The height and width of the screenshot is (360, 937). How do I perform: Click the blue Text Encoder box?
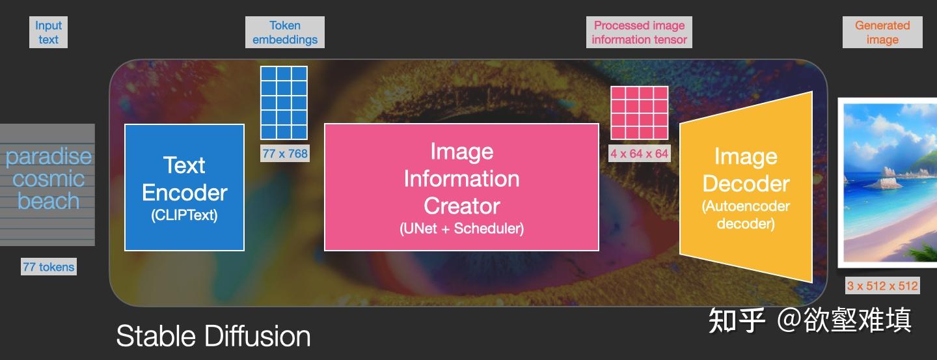185,187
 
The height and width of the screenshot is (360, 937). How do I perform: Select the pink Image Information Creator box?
461,187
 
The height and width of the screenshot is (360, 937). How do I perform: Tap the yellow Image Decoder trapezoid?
746,187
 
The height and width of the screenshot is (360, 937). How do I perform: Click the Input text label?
48,33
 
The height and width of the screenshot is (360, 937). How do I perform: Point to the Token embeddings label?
285,33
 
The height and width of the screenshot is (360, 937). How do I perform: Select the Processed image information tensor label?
639,33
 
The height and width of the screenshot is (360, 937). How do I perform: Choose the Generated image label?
882,33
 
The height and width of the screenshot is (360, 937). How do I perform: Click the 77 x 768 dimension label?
285,154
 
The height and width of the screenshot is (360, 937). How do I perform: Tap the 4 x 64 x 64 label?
639,154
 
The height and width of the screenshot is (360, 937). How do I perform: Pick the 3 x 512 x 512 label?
882,286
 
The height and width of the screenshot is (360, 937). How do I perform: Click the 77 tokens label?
49,267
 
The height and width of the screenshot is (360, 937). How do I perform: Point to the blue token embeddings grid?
284,103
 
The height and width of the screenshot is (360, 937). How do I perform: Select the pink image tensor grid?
639,113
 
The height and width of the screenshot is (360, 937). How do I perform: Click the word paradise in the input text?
49,157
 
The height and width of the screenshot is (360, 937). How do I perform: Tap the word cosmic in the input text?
49,179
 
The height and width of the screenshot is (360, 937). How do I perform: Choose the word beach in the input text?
49,201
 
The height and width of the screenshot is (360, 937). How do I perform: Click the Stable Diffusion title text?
213,336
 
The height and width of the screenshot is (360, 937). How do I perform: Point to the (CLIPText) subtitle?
185,215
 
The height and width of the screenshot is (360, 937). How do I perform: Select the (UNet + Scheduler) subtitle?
462,228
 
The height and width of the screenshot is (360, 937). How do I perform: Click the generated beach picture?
888,183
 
